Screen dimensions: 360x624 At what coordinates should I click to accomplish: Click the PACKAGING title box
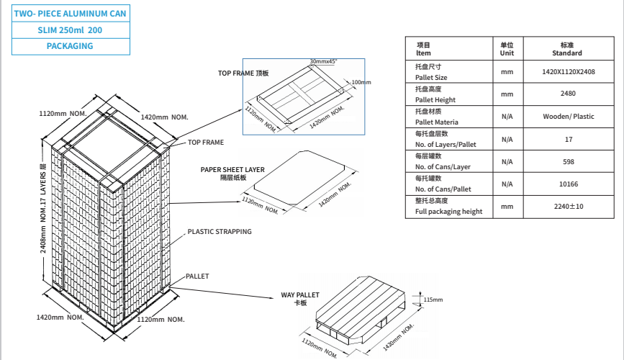(70, 46)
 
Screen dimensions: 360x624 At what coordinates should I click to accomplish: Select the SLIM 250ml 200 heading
(70, 30)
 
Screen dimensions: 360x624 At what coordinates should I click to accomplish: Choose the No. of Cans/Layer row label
(443, 166)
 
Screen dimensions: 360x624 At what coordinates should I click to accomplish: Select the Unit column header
(507, 49)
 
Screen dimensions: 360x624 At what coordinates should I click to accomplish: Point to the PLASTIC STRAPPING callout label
(220, 232)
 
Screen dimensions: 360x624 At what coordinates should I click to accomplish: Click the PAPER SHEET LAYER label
(232, 170)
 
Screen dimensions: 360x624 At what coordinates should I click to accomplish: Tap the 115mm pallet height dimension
(433, 299)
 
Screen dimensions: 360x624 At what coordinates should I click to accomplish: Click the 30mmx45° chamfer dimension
(323, 62)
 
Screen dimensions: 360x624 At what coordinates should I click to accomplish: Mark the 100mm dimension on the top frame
(361, 83)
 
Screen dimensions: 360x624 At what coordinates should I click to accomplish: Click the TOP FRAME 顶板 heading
(243, 73)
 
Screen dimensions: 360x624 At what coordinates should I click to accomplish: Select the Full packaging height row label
(448, 212)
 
